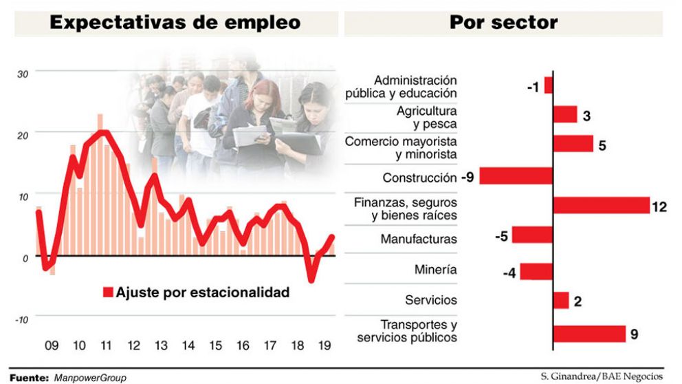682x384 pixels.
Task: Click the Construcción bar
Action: pyautogui.click(x=516, y=176)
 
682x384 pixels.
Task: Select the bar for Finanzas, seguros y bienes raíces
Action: pyautogui.click(x=601, y=205)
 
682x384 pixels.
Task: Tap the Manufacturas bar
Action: pyautogui.click(x=532, y=235)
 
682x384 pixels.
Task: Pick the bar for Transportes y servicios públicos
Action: pyautogui.click(x=589, y=334)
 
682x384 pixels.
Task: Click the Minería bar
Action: pyautogui.click(x=536, y=271)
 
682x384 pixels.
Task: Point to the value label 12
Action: pyautogui.click(x=659, y=207)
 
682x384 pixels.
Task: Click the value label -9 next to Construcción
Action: pyautogui.click(x=467, y=178)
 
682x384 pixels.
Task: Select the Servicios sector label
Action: pyautogui.click(x=431, y=300)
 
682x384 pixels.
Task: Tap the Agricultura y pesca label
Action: pyautogui.click(x=426, y=117)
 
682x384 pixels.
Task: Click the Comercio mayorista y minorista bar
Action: pyautogui.click(x=573, y=144)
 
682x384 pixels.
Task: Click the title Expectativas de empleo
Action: pyautogui.click(x=175, y=23)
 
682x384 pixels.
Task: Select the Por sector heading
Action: pyautogui.click(x=503, y=23)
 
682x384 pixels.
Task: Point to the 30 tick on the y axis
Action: pyautogui.click(x=23, y=74)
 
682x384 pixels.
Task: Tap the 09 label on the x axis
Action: pyautogui.click(x=52, y=345)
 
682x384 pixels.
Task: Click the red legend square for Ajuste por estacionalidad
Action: pyautogui.click(x=107, y=292)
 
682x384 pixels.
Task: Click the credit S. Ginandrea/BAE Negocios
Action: pyautogui.click(x=602, y=376)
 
